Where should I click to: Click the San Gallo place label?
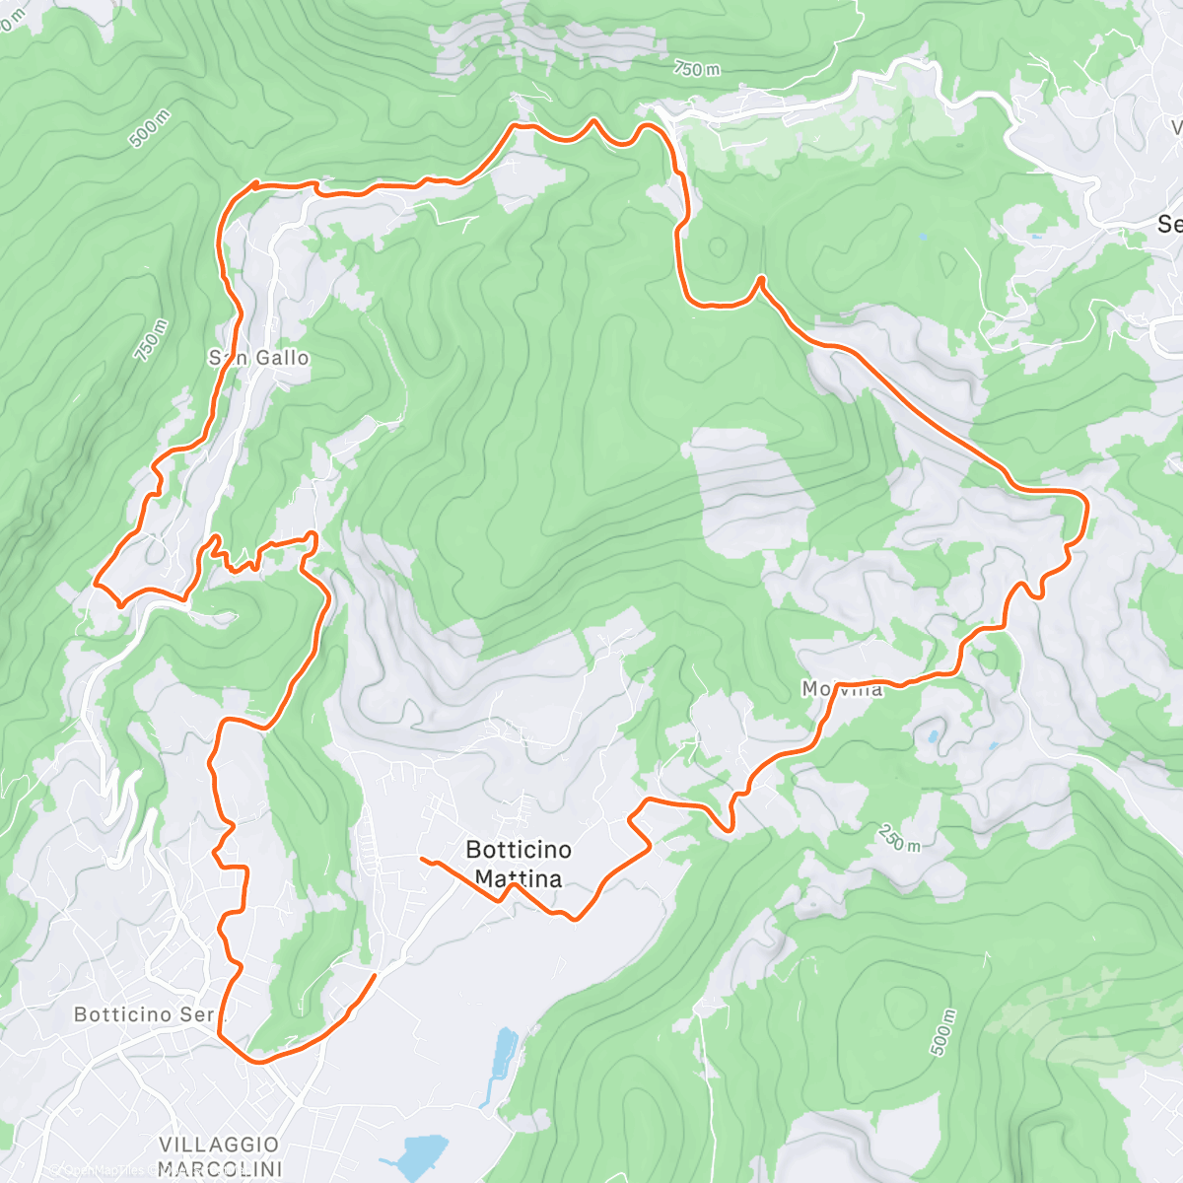258,358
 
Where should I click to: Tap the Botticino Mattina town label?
518,864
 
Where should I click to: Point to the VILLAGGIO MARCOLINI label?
219,1156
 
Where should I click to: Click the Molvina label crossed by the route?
842,689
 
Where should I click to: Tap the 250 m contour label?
898,837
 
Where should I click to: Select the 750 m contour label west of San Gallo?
152,340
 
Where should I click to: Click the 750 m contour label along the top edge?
697,68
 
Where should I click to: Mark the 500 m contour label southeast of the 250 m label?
942,1031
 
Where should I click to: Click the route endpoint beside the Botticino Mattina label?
423,859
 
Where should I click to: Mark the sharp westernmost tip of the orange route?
95,584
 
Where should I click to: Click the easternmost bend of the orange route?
1086,508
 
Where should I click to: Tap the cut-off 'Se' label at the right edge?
1169,225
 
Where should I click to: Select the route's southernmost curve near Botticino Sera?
258,1061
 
